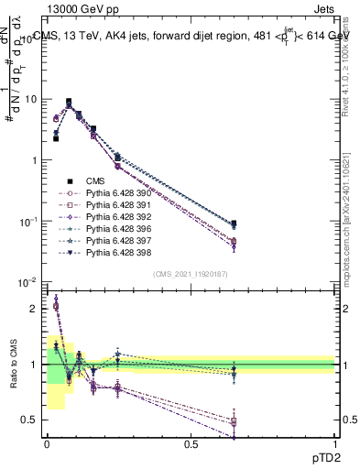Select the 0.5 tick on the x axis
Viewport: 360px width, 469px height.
pos(191,444)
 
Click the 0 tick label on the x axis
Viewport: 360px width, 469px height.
pos(47,444)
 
